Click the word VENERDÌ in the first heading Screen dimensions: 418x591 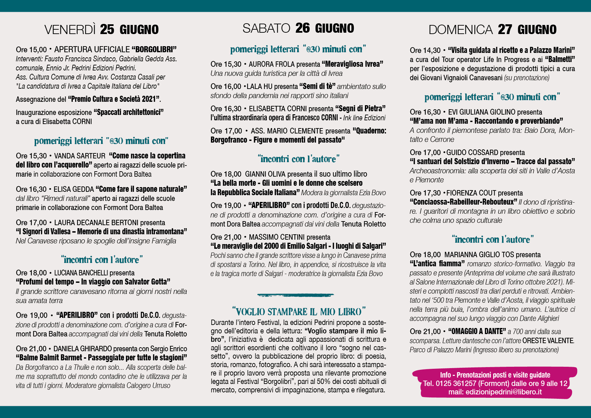(x=70, y=30)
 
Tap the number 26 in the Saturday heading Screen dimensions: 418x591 (x=302, y=28)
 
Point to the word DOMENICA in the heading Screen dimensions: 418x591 (x=460, y=30)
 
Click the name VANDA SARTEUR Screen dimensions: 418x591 (x=80, y=156)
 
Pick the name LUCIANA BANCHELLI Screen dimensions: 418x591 (x=81, y=273)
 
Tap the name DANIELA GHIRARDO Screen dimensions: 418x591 (x=82, y=349)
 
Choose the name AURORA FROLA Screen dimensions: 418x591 (x=272, y=64)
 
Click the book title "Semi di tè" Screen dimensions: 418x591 (x=317, y=86)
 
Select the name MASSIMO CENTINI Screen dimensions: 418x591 (x=277, y=237)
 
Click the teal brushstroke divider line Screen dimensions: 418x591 (x=295, y=295)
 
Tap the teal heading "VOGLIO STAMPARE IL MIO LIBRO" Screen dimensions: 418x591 (x=299, y=311)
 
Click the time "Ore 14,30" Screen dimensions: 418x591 (x=425, y=50)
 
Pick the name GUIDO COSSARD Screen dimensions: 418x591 (x=472, y=152)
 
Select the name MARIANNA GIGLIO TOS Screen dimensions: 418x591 (x=479, y=255)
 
